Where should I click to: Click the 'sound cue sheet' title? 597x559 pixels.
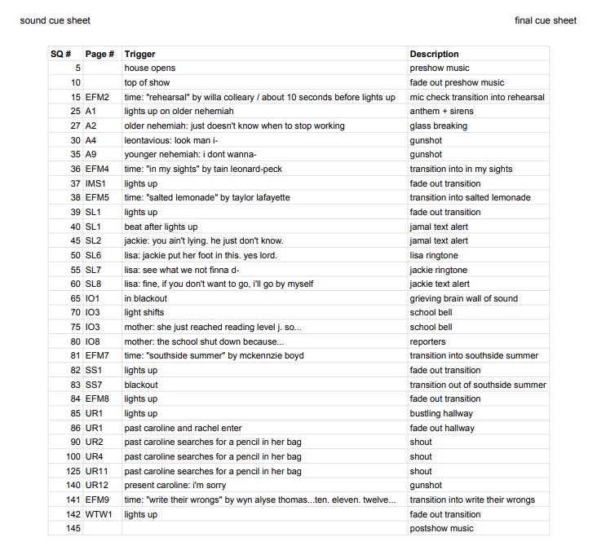click(x=55, y=20)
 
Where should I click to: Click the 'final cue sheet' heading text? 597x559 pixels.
click(x=546, y=20)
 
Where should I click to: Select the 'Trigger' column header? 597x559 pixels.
click(x=139, y=54)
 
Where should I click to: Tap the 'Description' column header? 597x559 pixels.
click(x=434, y=54)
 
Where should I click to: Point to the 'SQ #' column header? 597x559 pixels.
click(x=61, y=54)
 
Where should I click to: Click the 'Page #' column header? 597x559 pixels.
click(x=99, y=54)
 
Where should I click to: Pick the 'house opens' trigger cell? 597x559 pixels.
click(x=149, y=68)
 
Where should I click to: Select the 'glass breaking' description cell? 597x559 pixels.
click(x=438, y=125)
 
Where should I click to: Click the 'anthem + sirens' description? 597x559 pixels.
click(x=440, y=112)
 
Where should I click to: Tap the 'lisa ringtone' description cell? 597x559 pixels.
click(x=434, y=255)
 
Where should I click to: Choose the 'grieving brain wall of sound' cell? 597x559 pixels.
click(x=463, y=298)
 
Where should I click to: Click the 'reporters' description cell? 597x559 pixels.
click(x=427, y=341)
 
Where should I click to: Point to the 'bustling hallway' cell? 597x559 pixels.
click(x=441, y=413)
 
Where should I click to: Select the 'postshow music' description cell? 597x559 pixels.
click(x=440, y=528)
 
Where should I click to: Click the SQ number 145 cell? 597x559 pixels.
click(x=73, y=528)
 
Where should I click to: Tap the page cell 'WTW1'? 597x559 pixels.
click(x=98, y=514)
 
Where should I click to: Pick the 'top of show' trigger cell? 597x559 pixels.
click(x=147, y=82)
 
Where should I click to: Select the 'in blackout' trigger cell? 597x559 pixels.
click(x=145, y=298)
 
